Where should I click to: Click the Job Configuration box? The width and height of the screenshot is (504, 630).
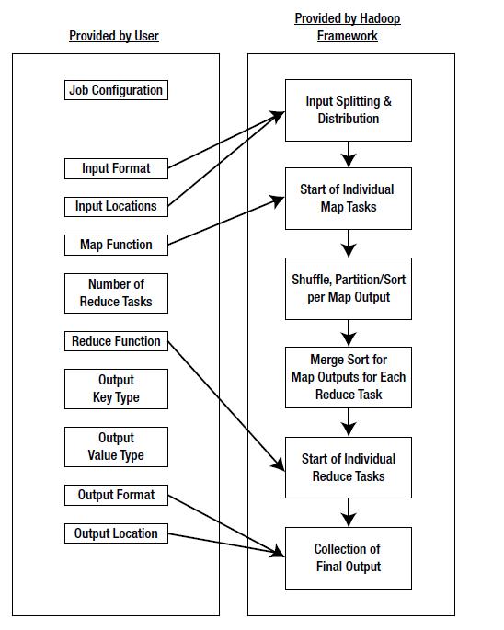click(x=116, y=90)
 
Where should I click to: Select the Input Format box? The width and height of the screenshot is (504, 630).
click(x=116, y=168)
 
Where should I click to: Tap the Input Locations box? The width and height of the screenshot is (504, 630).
click(x=116, y=206)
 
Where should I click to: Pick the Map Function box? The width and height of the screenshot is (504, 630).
click(x=116, y=245)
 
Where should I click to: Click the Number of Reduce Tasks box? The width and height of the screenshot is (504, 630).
click(x=116, y=293)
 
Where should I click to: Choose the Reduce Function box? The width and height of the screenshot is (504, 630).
click(x=116, y=341)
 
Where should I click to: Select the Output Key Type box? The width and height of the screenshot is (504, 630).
click(x=116, y=389)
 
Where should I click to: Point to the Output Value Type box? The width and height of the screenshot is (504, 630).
click(x=116, y=447)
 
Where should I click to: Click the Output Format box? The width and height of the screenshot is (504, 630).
click(x=116, y=495)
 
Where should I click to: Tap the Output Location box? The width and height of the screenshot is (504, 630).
click(x=116, y=533)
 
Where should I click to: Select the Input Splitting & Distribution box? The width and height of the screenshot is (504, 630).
click(x=348, y=109)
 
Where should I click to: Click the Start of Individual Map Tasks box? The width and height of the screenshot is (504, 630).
click(x=348, y=198)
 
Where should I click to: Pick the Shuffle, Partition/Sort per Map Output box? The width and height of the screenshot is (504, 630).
click(x=348, y=288)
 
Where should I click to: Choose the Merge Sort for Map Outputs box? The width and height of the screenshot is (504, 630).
click(x=348, y=377)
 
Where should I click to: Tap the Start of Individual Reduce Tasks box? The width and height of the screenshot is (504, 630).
click(x=348, y=467)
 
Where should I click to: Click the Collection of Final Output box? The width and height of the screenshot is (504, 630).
click(x=348, y=557)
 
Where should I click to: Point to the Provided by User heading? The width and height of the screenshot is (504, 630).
click(x=114, y=36)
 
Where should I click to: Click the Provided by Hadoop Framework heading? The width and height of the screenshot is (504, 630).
click(x=348, y=28)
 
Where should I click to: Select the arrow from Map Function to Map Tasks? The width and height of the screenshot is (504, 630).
click(x=226, y=221)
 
